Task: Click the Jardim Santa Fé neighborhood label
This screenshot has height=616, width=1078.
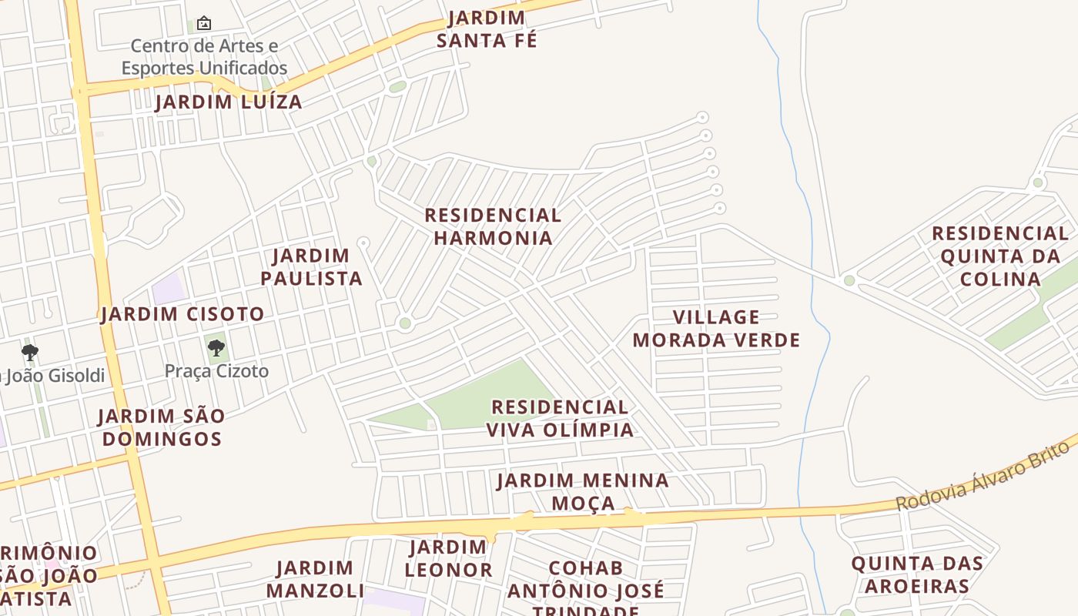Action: click(487, 29)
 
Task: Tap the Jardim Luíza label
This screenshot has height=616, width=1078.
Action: click(229, 102)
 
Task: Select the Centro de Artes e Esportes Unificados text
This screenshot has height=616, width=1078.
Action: click(204, 57)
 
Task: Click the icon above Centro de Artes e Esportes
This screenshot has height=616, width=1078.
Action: click(204, 23)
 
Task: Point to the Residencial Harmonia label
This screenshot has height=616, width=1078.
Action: click(493, 226)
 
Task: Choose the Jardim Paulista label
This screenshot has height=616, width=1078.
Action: click(311, 266)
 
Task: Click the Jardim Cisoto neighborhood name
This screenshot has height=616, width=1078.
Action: click(182, 314)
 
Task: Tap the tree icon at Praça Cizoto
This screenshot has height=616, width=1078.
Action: click(216, 348)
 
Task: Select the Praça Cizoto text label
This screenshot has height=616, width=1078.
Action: click(216, 371)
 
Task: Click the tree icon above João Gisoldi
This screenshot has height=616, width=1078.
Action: click(30, 353)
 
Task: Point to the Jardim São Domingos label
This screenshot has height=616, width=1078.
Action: click(162, 427)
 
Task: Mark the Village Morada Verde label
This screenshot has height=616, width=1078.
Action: click(716, 328)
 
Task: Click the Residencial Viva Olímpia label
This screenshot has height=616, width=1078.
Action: click(560, 418)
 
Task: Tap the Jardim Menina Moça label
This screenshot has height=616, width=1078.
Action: click(583, 492)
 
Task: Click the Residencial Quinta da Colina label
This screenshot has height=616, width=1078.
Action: click(1000, 256)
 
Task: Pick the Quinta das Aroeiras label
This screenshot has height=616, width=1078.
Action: click(916, 574)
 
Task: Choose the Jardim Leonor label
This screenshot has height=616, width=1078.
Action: click(448, 559)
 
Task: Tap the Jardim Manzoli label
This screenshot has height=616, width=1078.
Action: click(315, 579)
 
